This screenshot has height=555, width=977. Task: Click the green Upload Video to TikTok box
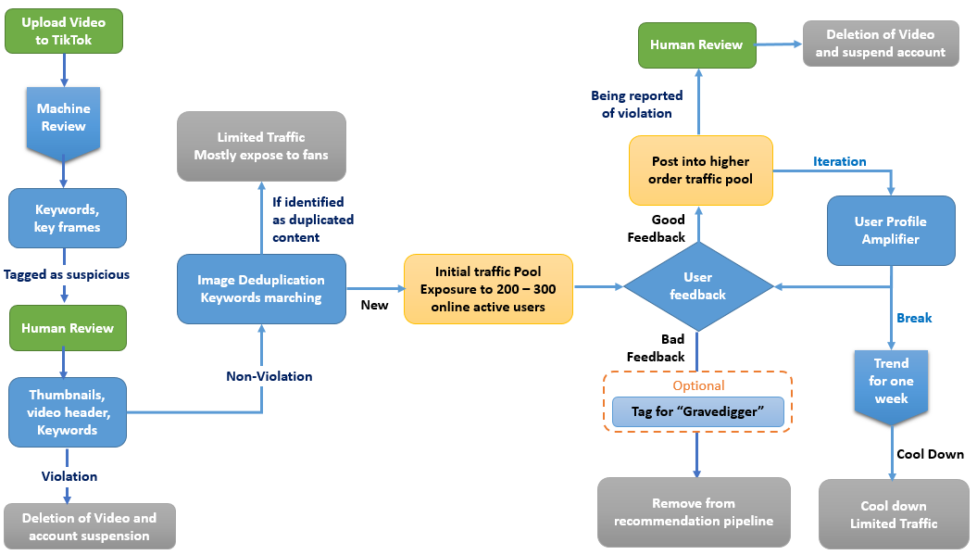tap(64, 32)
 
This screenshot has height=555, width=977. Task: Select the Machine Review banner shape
tap(64, 118)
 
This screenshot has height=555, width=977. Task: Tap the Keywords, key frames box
tap(68, 219)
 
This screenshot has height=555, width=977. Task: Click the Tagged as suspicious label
tap(67, 274)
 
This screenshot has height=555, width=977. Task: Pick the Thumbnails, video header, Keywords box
tap(68, 412)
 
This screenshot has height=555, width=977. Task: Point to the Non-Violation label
tap(269, 376)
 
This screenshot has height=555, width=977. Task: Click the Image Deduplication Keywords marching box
tap(261, 289)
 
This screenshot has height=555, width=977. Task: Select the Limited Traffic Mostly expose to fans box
tap(263, 146)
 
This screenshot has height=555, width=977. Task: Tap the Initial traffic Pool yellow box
tap(489, 289)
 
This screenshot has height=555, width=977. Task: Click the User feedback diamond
tap(697, 285)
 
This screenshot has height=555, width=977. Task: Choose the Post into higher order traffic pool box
tap(701, 170)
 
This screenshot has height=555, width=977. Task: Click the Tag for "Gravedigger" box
tap(697, 411)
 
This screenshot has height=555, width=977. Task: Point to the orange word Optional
tap(698, 385)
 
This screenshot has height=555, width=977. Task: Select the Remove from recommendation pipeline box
tap(694, 512)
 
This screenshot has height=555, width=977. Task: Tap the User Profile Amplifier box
tap(891, 231)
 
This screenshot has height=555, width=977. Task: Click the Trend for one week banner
tap(891, 382)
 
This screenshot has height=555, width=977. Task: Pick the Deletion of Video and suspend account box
tap(881, 44)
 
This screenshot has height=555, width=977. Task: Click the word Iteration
tap(840, 161)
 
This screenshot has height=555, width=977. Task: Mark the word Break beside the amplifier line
tap(914, 318)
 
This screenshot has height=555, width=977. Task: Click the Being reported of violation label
tap(637, 104)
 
